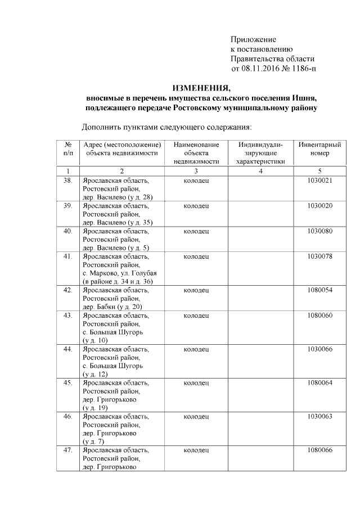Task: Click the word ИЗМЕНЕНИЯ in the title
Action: point(201,88)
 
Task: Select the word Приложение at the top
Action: point(253,39)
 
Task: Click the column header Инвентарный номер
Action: point(319,148)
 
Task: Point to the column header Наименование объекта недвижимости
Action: point(196,152)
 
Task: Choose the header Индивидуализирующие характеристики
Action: point(261,152)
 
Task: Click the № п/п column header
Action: point(68,148)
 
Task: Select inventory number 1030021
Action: point(319,181)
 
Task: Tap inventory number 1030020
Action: point(319,206)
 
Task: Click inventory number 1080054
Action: point(319,290)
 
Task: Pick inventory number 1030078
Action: point(319,256)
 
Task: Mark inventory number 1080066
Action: point(319,451)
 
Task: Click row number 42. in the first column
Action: point(68,290)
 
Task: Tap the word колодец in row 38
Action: point(196,181)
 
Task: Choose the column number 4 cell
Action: point(261,170)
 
